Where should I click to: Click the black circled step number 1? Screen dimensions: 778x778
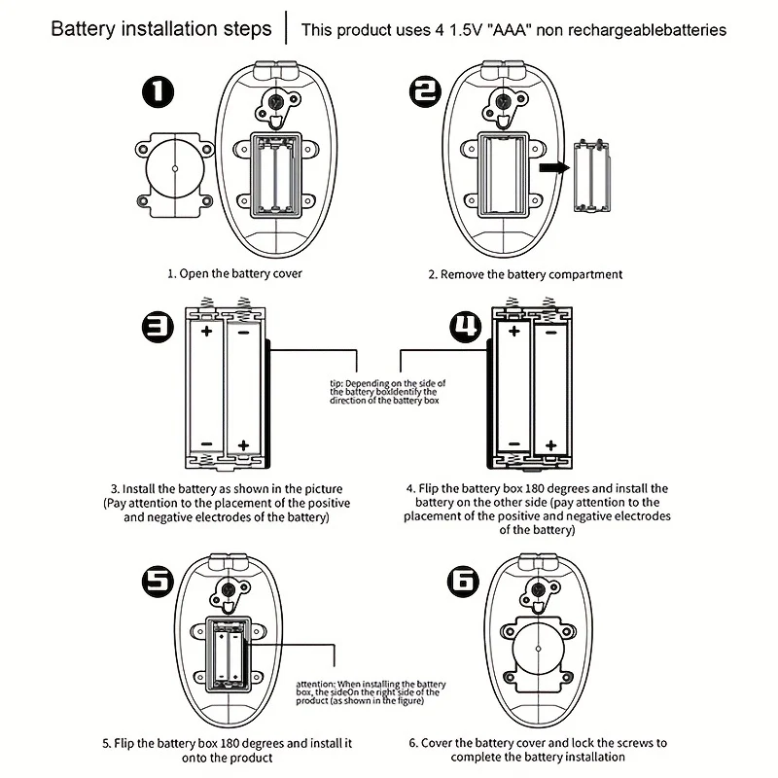[159, 91]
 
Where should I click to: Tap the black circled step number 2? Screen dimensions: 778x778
[425, 91]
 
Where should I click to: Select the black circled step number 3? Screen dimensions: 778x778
[159, 328]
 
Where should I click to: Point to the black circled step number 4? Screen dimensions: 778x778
[466, 327]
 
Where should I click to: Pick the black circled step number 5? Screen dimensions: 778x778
[159, 581]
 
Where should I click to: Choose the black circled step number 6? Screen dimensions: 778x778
[464, 581]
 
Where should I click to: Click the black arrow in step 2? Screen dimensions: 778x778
[554, 167]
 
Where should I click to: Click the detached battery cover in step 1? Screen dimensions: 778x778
[175, 175]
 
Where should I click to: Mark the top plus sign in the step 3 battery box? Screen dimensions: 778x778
[207, 331]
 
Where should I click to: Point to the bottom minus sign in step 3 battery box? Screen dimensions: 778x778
[207, 444]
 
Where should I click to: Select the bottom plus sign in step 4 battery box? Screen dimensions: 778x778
[550, 445]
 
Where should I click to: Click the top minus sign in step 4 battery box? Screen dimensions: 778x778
[550, 332]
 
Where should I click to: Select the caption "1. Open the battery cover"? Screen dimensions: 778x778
[234, 273]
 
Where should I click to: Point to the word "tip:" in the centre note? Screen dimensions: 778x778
[336, 383]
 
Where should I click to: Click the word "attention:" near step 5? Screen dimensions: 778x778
[315, 685]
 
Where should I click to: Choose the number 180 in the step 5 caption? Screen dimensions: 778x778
[230, 743]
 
